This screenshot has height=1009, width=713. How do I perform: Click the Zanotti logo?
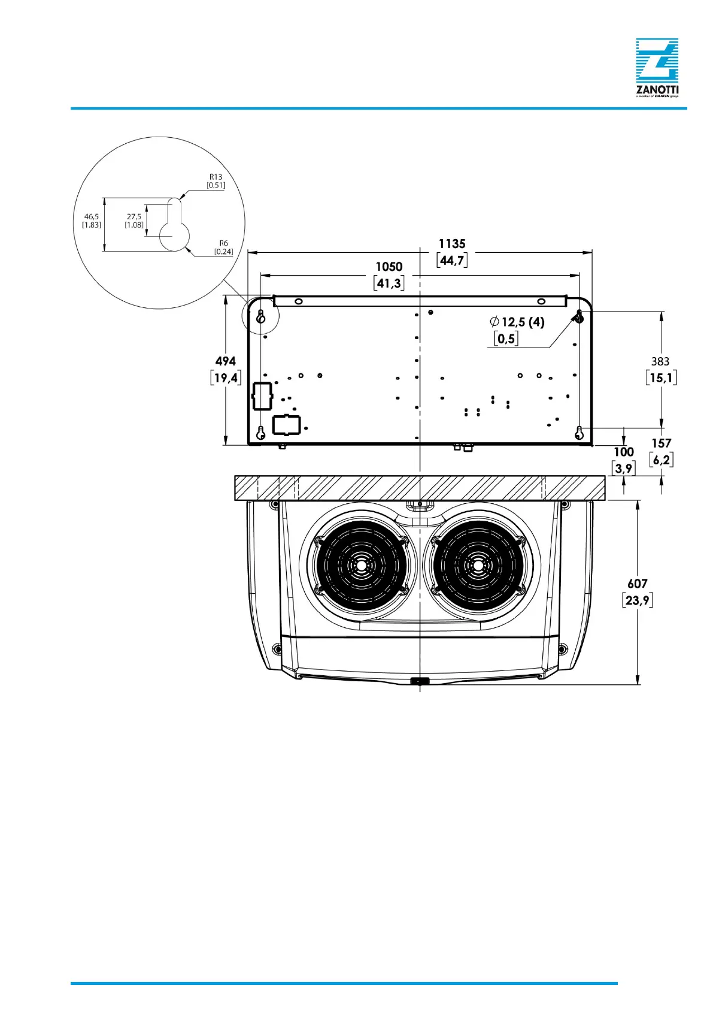tap(657, 67)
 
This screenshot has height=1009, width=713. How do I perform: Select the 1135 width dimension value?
tap(452, 244)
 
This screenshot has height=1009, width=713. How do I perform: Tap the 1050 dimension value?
tap(389, 267)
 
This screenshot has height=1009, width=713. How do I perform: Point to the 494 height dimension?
tap(226, 361)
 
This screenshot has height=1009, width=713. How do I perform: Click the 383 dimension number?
tap(660, 361)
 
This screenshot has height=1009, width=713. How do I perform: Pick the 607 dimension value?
tap(638, 584)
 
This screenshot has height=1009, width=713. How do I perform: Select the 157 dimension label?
tap(662, 443)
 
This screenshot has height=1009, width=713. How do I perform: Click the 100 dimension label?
tap(624, 452)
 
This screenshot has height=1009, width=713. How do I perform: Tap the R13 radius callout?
tap(216, 177)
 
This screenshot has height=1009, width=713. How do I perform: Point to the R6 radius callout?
tap(223, 243)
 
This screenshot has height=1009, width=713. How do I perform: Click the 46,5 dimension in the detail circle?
tap(92, 217)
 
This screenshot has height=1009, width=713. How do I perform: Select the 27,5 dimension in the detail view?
tap(134, 217)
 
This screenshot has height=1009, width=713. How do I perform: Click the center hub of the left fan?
tap(362, 566)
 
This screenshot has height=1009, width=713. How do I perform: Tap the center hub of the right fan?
tap(478, 566)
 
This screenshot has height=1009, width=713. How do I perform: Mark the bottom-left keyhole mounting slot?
tap(261, 433)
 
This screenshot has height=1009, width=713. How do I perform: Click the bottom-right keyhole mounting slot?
tap(579, 433)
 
